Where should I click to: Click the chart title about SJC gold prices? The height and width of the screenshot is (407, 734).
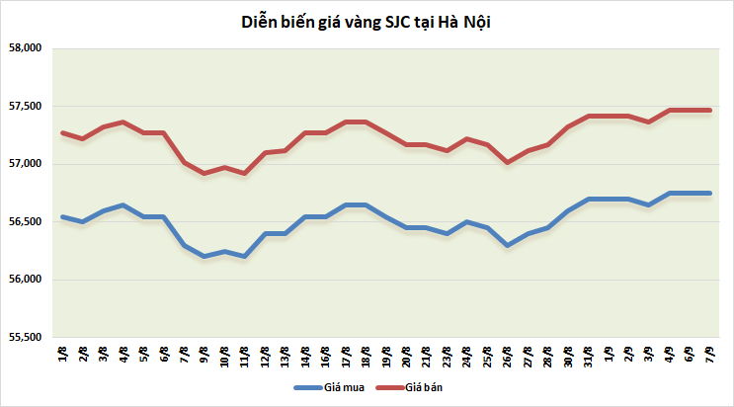[x=367, y=21]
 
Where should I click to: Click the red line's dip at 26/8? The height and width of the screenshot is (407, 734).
[x=508, y=162]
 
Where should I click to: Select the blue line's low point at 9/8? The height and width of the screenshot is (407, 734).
[x=204, y=256]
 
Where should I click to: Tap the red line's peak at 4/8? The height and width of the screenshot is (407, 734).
[x=122, y=122]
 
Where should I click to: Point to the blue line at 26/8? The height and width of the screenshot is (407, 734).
[x=508, y=245]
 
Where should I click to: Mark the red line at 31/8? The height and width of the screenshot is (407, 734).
[x=591, y=117]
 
